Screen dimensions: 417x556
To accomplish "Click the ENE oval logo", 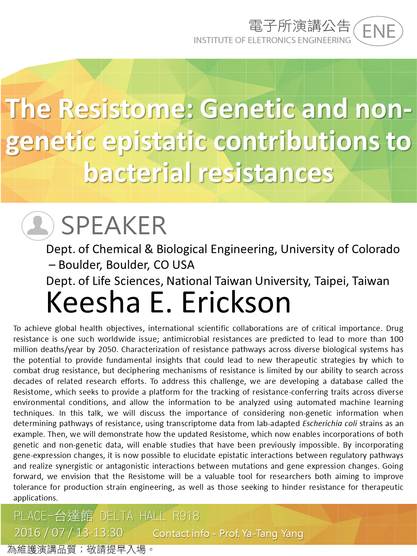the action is (378, 31).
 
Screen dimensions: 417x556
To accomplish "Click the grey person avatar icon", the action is (38, 225).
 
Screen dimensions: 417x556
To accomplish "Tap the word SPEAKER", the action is (114, 225).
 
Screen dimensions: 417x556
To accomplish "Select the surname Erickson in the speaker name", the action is (236, 302).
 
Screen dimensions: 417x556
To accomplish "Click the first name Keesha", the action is (93, 302).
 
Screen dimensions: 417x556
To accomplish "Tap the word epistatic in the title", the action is (154, 142).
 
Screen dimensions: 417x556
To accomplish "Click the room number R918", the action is (186, 516).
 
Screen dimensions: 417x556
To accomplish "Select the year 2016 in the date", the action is (27, 533).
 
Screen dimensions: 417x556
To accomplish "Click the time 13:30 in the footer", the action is (107, 533).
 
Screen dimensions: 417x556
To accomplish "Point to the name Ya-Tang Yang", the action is (273, 534).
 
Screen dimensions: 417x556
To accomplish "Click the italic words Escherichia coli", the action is (330, 424).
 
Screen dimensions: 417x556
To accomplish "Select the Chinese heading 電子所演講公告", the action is (300, 26).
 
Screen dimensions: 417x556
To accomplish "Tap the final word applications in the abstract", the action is (36, 498).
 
